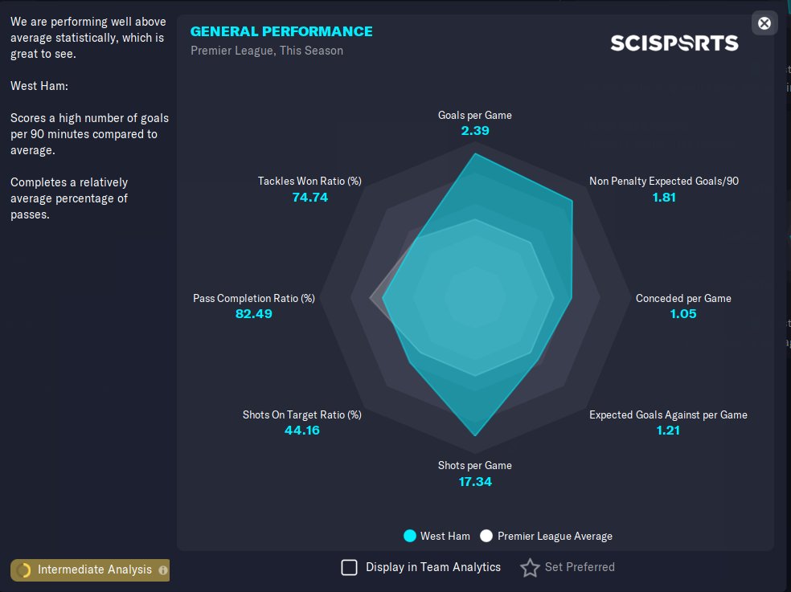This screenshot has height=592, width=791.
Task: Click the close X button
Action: click(764, 23)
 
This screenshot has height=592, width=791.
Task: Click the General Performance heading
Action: click(281, 31)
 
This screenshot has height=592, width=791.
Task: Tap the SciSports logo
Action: click(674, 43)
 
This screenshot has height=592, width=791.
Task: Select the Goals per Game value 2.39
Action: click(475, 130)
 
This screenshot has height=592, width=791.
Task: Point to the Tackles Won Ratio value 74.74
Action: click(310, 197)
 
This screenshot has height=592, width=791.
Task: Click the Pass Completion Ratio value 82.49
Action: click(254, 313)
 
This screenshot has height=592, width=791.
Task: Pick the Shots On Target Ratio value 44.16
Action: click(302, 430)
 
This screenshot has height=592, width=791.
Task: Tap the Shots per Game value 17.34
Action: click(475, 481)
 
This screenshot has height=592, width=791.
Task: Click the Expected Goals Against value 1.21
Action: click(668, 430)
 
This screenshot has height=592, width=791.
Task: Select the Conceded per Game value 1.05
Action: click(683, 313)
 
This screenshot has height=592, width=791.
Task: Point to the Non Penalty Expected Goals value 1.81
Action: click(664, 197)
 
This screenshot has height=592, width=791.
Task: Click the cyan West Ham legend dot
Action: click(410, 536)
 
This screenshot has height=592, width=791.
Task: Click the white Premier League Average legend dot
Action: click(486, 536)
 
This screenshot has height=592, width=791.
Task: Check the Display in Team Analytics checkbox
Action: click(350, 568)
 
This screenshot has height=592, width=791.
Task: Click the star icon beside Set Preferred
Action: click(530, 568)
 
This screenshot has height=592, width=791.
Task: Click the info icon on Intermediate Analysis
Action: click(163, 570)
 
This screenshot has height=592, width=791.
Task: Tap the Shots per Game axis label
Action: click(475, 465)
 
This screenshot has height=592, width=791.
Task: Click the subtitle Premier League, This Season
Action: click(267, 51)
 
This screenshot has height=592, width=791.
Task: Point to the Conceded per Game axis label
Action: click(683, 298)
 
